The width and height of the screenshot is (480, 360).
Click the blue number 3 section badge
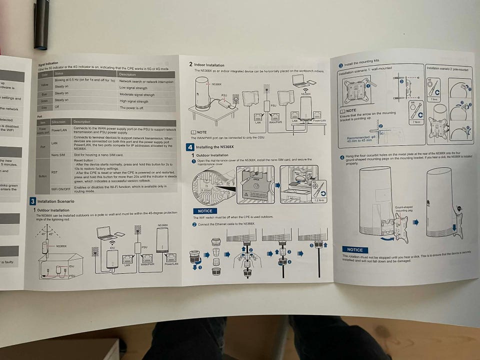click(x=32, y=201)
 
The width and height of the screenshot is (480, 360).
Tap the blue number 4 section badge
click(x=190, y=147)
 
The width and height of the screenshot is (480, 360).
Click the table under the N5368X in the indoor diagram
click(x=215, y=115)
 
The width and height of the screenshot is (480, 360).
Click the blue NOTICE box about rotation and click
click(x=355, y=249)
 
